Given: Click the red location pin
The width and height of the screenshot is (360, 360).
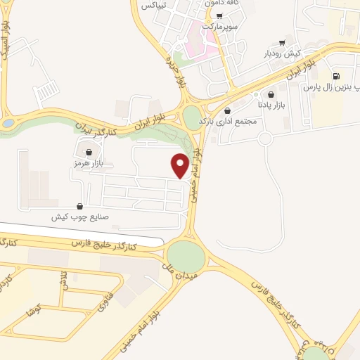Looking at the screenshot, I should tap(181, 165).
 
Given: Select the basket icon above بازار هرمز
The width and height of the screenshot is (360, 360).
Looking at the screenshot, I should tap(89, 152).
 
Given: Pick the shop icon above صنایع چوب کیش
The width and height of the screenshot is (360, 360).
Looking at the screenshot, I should tap(79, 206).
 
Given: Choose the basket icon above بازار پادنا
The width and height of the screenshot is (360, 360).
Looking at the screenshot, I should tap(271, 94).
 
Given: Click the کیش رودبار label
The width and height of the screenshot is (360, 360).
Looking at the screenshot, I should tap(282, 53).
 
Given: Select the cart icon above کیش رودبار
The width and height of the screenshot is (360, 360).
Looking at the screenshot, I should tap(282, 41).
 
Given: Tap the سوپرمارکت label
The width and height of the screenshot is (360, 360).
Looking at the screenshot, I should tap(220, 26).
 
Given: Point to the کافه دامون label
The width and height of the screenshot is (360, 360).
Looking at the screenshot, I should tap(221, 4).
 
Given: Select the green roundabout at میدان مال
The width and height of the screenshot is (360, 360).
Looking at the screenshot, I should tap(186, 256).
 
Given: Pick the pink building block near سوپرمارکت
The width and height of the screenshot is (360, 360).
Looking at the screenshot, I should tap(198, 44).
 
